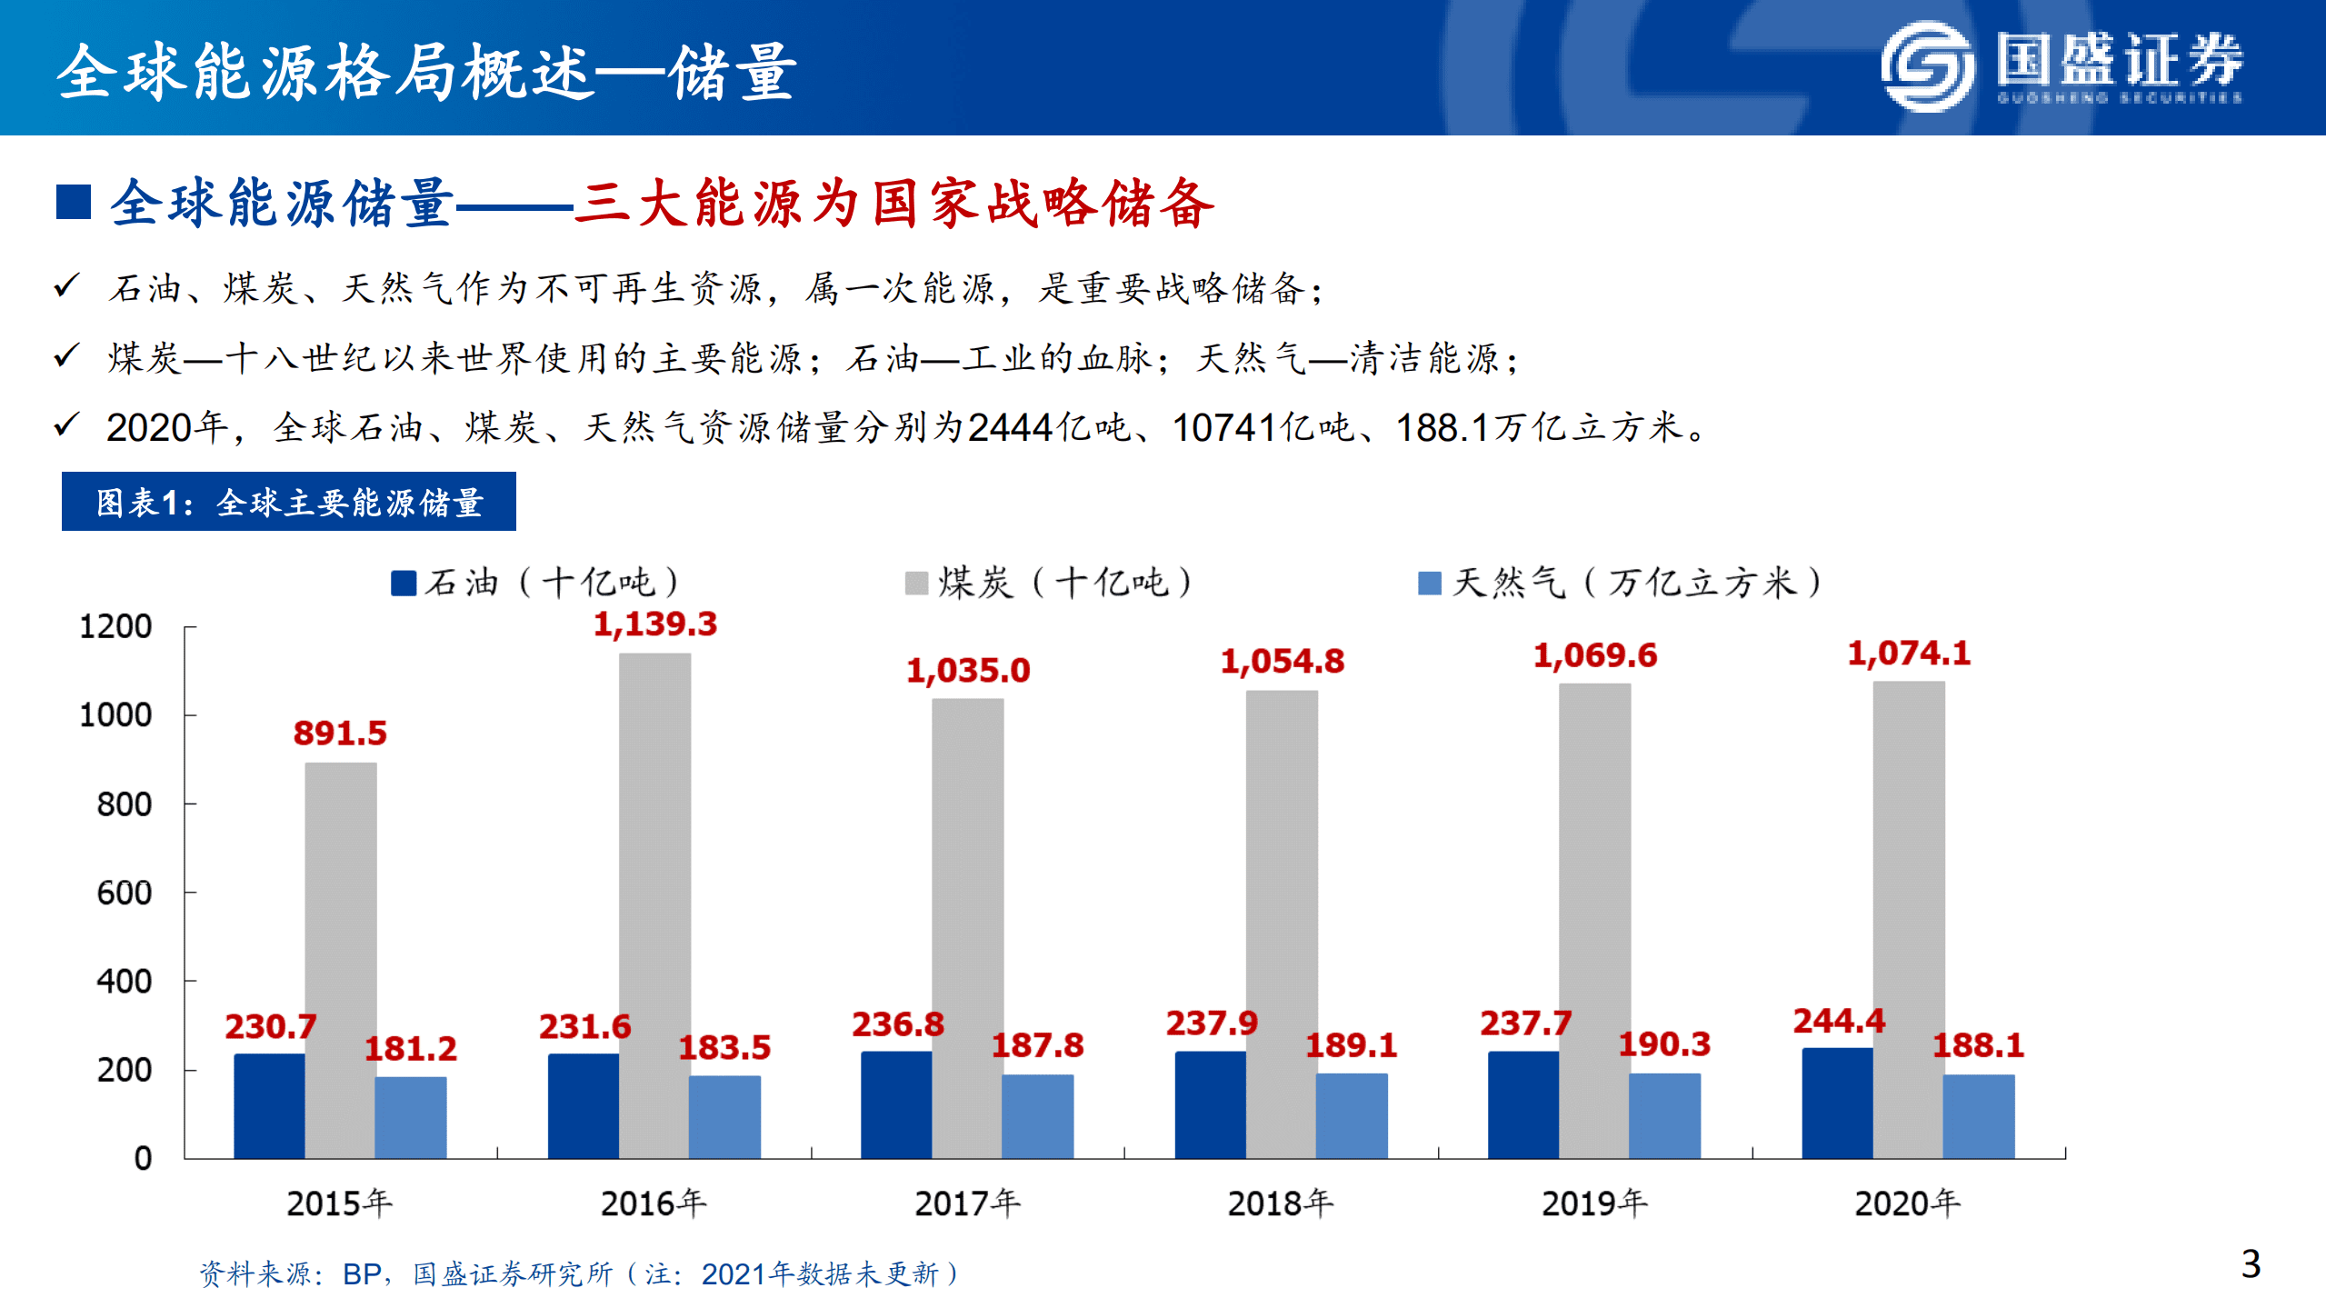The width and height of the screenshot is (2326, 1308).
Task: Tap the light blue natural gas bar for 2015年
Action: coord(411,1117)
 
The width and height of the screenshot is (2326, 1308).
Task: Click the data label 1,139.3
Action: coord(654,624)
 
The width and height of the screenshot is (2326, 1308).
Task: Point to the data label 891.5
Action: coord(340,733)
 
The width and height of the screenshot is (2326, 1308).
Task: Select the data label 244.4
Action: coord(1838,1021)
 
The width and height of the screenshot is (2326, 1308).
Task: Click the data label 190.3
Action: coord(1663,1044)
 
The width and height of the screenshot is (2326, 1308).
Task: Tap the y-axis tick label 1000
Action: coord(115,715)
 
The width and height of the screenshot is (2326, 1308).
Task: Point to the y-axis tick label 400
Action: coord(124,982)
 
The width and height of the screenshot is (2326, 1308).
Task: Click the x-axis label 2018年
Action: coord(1280,1203)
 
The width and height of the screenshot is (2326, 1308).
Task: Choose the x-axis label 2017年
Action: coord(967,1203)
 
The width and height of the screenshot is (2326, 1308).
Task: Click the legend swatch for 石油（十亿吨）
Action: coord(403,583)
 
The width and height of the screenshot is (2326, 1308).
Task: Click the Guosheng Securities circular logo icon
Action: coord(1926,66)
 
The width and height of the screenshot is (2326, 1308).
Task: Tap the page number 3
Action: coord(2251,1264)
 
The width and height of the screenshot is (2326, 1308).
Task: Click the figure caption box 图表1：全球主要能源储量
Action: coord(288,502)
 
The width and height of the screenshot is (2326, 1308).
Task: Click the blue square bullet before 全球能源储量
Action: coord(74,202)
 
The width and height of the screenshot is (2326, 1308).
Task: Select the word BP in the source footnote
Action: coord(361,1274)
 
